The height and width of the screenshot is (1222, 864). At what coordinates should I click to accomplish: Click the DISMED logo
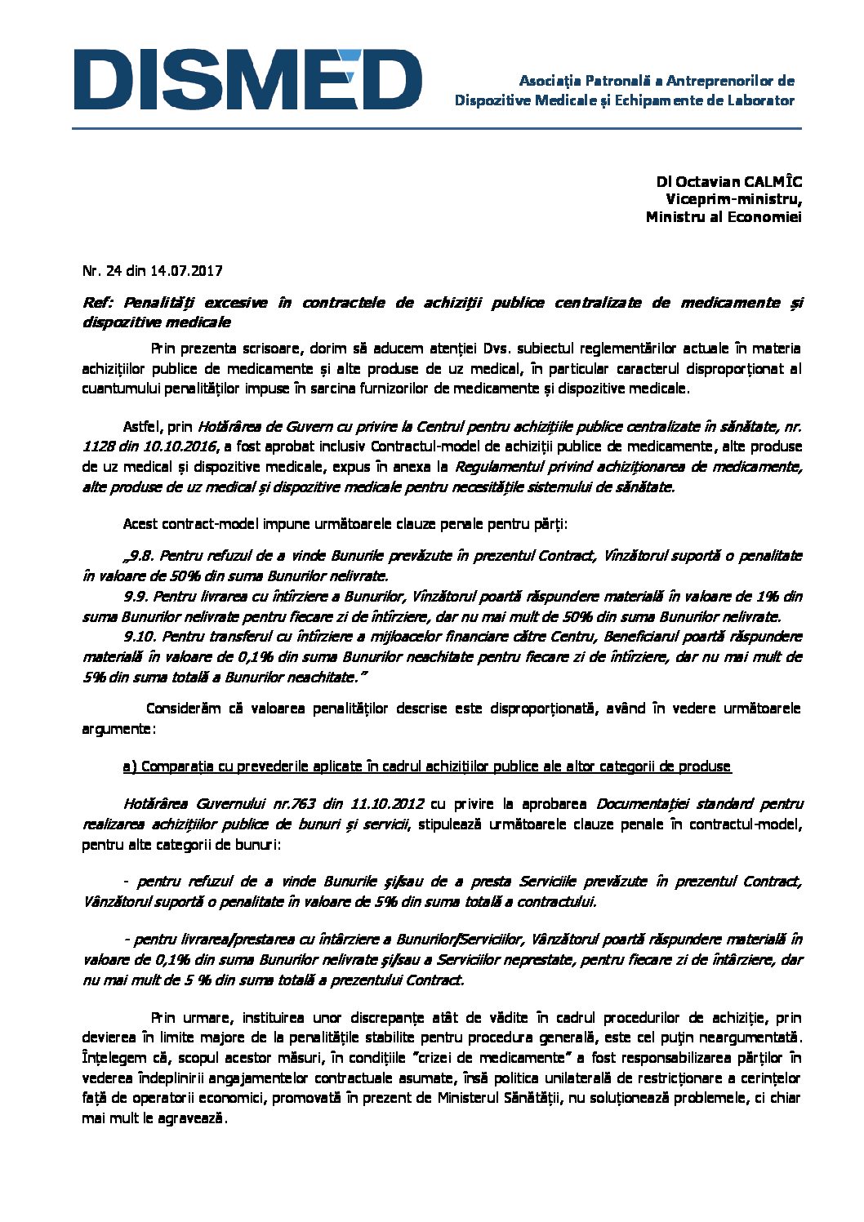pos(247,79)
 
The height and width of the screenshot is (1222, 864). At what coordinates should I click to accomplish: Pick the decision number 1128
pos(97,447)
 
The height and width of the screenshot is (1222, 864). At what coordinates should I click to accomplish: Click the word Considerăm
pos(183,709)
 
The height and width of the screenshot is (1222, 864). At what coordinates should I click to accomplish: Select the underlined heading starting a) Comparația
pos(427,767)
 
